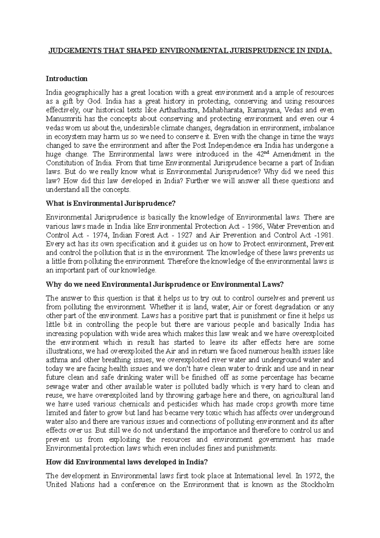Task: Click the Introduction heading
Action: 66,78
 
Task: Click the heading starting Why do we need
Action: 165,284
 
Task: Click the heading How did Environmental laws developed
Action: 127,462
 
